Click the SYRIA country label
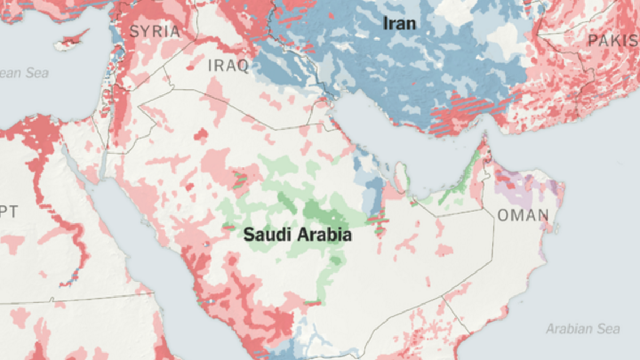pyautogui.click(x=154, y=31)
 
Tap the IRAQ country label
pyautogui.click(x=228, y=66)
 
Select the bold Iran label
pyautogui.click(x=399, y=23)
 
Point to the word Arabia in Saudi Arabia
pyautogui.click(x=325, y=235)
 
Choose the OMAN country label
pyautogui.click(x=523, y=215)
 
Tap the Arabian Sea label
pyautogui.click(x=582, y=329)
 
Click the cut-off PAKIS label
pyautogui.click(x=613, y=41)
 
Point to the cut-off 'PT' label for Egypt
pyautogui.click(x=9, y=212)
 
